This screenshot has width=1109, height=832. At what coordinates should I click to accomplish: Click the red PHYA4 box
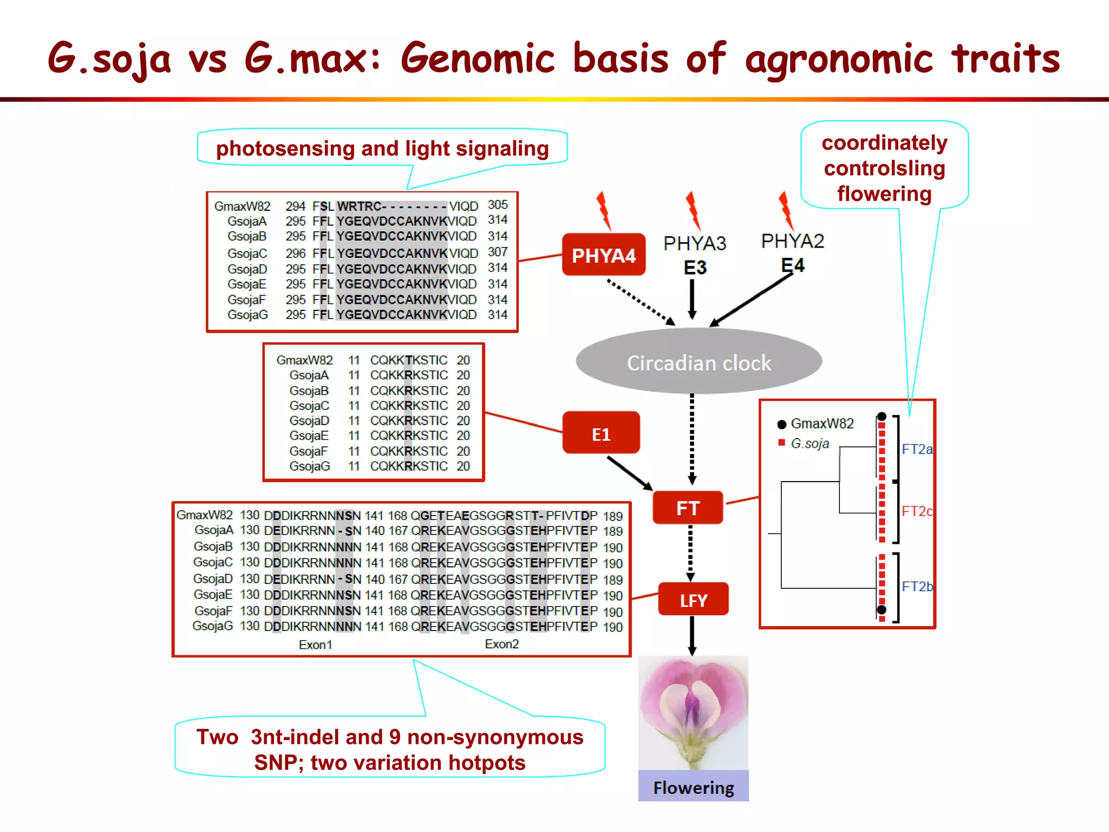pos(603,255)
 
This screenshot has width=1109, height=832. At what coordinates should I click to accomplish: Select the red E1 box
pos(601,433)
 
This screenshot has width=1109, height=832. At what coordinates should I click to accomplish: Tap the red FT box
pos(688,508)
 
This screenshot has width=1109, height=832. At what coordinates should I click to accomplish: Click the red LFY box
pos(693,600)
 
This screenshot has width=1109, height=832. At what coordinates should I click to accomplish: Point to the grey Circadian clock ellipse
pos(699,362)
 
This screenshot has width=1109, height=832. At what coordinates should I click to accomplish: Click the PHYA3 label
pos(695,244)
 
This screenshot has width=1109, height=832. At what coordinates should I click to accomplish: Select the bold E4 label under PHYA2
pos(793,265)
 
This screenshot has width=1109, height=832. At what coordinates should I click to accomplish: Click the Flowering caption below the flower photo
pos(693,787)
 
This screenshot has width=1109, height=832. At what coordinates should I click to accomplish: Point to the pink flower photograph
pos(693,712)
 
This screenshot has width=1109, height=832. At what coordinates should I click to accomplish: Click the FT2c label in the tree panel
pos(917,511)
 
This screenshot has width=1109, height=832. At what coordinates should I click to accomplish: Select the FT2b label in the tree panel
pos(917,586)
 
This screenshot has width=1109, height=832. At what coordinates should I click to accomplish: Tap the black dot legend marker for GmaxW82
pos(781,424)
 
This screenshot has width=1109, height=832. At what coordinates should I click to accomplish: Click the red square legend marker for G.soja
pos(781,443)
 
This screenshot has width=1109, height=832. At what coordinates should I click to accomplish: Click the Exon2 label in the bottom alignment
pos(501,644)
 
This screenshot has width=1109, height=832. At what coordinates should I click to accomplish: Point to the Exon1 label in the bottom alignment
pos(315,645)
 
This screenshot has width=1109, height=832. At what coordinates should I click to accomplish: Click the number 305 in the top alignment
pos(498,205)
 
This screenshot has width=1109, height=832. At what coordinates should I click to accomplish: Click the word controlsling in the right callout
pos(884,168)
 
